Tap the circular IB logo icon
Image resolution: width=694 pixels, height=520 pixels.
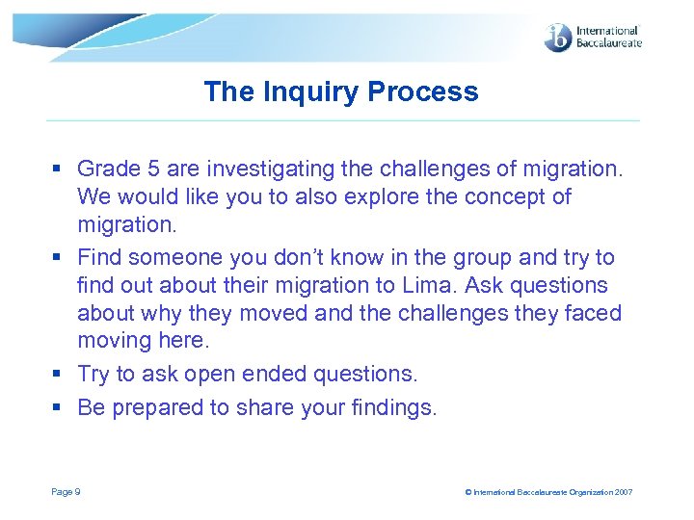tap(558, 38)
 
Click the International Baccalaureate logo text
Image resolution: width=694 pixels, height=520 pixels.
tap(607, 38)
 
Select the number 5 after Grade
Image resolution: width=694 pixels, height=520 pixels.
tap(152, 169)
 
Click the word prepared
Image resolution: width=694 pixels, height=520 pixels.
tap(155, 407)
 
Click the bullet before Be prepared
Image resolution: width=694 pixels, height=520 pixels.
tap(58, 408)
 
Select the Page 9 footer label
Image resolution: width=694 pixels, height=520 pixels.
tap(66, 492)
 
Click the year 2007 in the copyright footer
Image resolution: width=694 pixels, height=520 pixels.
tap(623, 492)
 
